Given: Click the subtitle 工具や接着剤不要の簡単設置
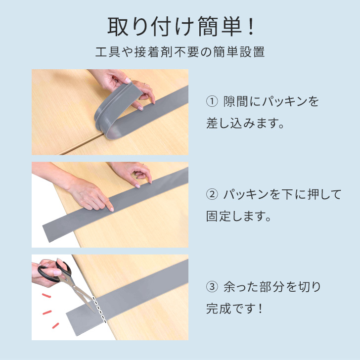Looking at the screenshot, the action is [x=180, y=52].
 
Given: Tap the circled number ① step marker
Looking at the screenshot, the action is [x=212, y=101].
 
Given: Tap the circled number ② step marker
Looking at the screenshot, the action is [x=212, y=194].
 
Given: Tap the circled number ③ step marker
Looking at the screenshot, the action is [x=212, y=287].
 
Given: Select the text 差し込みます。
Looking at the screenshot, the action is [x=245, y=123].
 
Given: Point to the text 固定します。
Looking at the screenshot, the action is [x=238, y=216].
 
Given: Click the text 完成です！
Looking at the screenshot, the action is [x=234, y=309].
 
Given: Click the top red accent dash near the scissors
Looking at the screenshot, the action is [x=46, y=296].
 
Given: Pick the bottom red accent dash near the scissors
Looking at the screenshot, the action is [x=55, y=325].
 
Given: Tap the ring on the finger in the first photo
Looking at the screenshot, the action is [x=145, y=84].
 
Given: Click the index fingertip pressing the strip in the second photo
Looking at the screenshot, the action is [x=112, y=209].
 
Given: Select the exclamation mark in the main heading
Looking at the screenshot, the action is [x=251, y=27].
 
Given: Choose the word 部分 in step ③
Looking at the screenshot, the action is [x=271, y=287].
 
